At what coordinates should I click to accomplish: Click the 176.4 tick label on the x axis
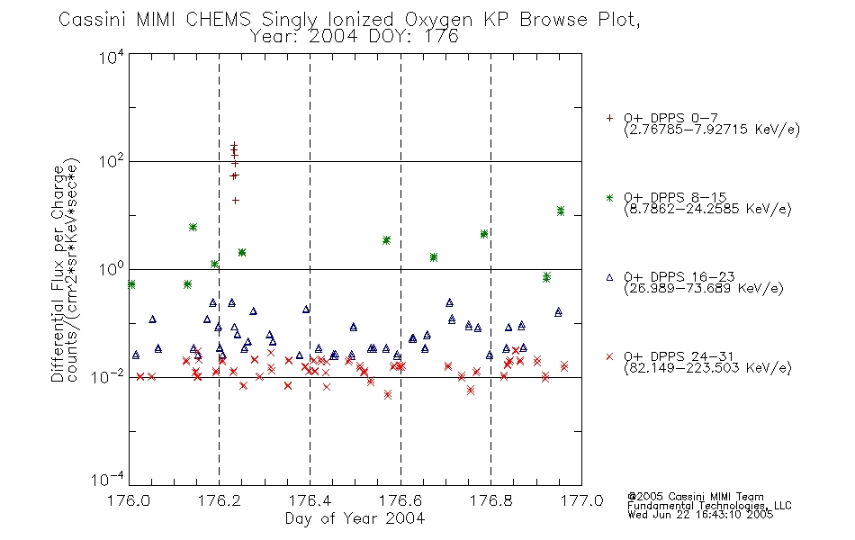coord(310,500)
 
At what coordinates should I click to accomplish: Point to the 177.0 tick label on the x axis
coord(581,500)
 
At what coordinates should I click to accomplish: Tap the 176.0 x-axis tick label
coord(129,500)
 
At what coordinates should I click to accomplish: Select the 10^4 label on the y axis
coord(111,56)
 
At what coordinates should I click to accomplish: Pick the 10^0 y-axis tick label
coord(112,268)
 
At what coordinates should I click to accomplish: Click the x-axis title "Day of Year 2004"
coord(355,518)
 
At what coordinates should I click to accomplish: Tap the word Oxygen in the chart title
coord(438,20)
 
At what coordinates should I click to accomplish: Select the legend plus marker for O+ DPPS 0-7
coord(609,118)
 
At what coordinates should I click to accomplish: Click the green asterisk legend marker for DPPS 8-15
coord(609,197)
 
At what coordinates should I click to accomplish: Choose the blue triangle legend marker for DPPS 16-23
coord(609,277)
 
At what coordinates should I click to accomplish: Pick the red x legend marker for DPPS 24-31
coord(609,356)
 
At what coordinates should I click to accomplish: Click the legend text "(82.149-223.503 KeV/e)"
coord(707,368)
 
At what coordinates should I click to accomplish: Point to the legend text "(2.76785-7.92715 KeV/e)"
coord(712,130)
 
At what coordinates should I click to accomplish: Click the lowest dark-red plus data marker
coord(236,200)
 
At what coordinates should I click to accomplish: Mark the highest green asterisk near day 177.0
coord(561,210)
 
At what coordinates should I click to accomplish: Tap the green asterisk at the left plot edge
coord(130,284)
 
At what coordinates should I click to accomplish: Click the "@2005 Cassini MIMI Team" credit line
coord(695,497)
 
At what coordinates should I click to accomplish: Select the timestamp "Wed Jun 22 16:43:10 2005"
coord(700,515)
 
